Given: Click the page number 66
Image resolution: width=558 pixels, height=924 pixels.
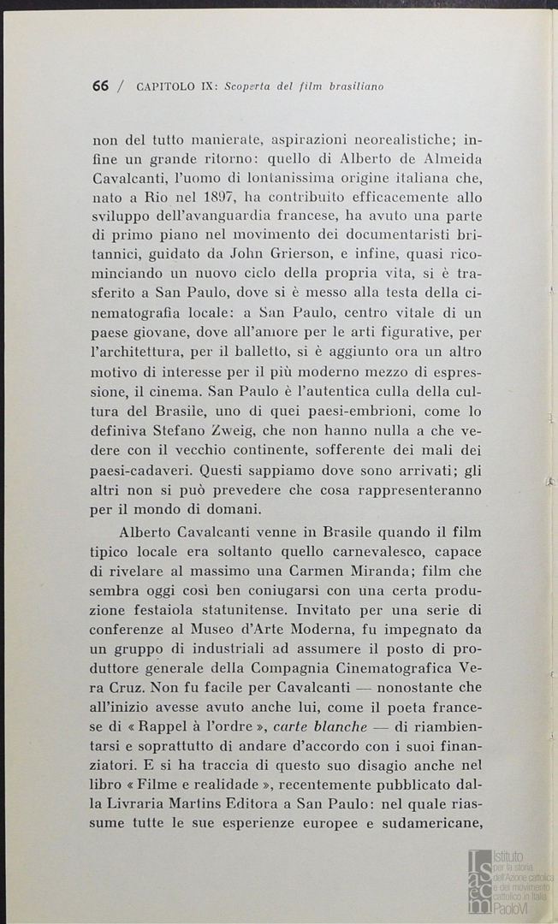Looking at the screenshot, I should click(x=100, y=86).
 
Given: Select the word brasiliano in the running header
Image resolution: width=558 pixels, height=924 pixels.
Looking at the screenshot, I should click(x=353, y=86).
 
